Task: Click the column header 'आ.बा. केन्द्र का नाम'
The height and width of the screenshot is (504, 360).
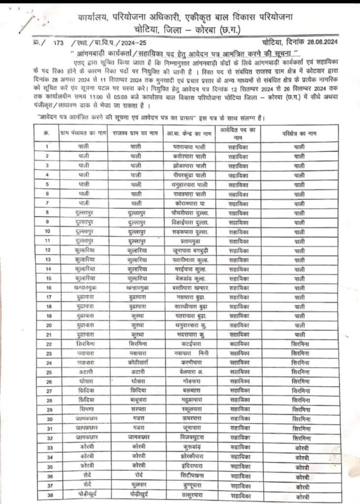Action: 189,133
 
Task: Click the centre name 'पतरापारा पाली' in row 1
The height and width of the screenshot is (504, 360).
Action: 189,147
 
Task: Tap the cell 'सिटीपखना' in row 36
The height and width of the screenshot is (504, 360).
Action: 189,475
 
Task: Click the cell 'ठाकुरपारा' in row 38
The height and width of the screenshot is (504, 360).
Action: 189,495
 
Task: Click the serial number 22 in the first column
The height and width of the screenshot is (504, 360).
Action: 48,344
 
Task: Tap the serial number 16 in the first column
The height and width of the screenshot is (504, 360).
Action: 48,287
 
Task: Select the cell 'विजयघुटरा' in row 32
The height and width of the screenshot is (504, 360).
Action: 189,438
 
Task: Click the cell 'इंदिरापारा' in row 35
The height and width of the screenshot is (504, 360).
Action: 189,466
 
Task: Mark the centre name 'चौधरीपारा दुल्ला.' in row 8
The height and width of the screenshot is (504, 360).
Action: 189,213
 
